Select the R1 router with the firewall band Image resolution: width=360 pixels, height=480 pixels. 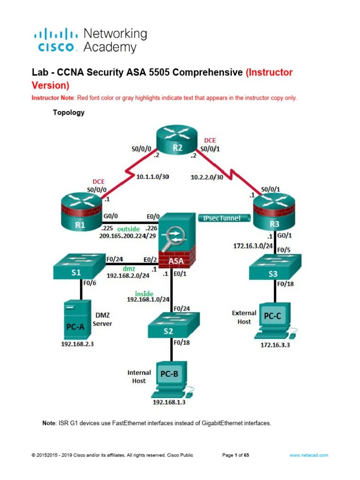82,212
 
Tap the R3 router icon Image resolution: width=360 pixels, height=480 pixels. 274,212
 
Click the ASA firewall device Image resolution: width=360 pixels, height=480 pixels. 177,240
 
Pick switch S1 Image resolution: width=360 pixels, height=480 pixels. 79,266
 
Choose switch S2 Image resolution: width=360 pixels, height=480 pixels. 173,325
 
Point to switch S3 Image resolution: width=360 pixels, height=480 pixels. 275,267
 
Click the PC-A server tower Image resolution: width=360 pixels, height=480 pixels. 77,319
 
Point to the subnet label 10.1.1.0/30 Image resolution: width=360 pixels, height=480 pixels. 152,177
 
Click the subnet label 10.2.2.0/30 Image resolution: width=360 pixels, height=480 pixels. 207,177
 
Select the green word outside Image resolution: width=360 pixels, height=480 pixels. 128,229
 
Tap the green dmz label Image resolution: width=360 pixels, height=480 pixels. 129,269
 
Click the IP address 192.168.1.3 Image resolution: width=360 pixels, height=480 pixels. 169,402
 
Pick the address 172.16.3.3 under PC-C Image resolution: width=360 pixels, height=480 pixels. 275,345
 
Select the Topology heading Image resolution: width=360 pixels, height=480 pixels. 68,112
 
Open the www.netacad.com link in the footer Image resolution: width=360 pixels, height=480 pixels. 309,455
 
